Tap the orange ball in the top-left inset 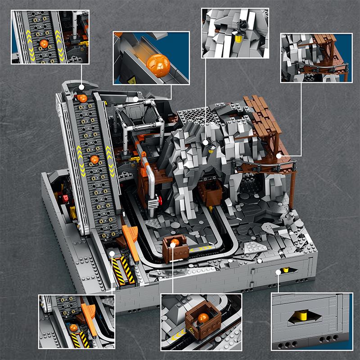tap(44, 44)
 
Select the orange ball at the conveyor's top tap(82, 98)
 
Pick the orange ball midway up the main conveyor tap(94, 159)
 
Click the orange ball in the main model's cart tap(174, 243)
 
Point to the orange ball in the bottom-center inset tap(203, 318)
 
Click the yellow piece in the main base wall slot tap(285, 271)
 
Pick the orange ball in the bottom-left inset tap(73, 328)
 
